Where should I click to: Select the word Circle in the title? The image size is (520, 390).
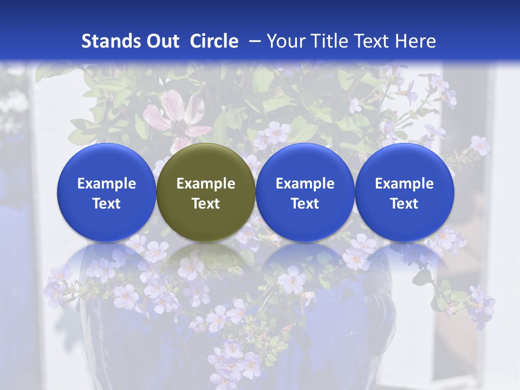214,41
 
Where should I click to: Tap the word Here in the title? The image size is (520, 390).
417,41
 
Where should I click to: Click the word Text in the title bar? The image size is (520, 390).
374,41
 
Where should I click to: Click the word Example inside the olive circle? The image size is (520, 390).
206,184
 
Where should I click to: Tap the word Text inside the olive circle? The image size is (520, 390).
206,204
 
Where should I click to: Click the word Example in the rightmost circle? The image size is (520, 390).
405,184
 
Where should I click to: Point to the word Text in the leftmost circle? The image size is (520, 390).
107,204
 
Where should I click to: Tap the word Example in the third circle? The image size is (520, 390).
305,184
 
